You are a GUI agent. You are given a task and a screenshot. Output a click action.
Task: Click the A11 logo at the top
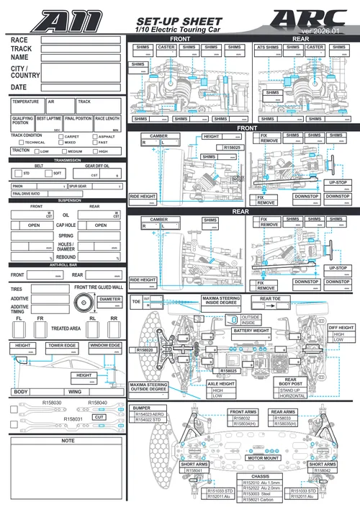point(68,19)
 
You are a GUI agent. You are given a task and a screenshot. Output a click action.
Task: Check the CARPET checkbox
point(60,136)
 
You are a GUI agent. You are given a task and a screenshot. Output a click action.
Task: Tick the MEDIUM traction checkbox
point(64,151)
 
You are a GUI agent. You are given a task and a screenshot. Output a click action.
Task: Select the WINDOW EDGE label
point(105,346)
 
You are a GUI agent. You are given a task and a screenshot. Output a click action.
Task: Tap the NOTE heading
point(68,440)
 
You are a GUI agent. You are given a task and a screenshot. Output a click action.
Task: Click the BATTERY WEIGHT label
point(251,331)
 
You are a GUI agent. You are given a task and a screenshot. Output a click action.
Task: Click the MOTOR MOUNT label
point(263,457)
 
